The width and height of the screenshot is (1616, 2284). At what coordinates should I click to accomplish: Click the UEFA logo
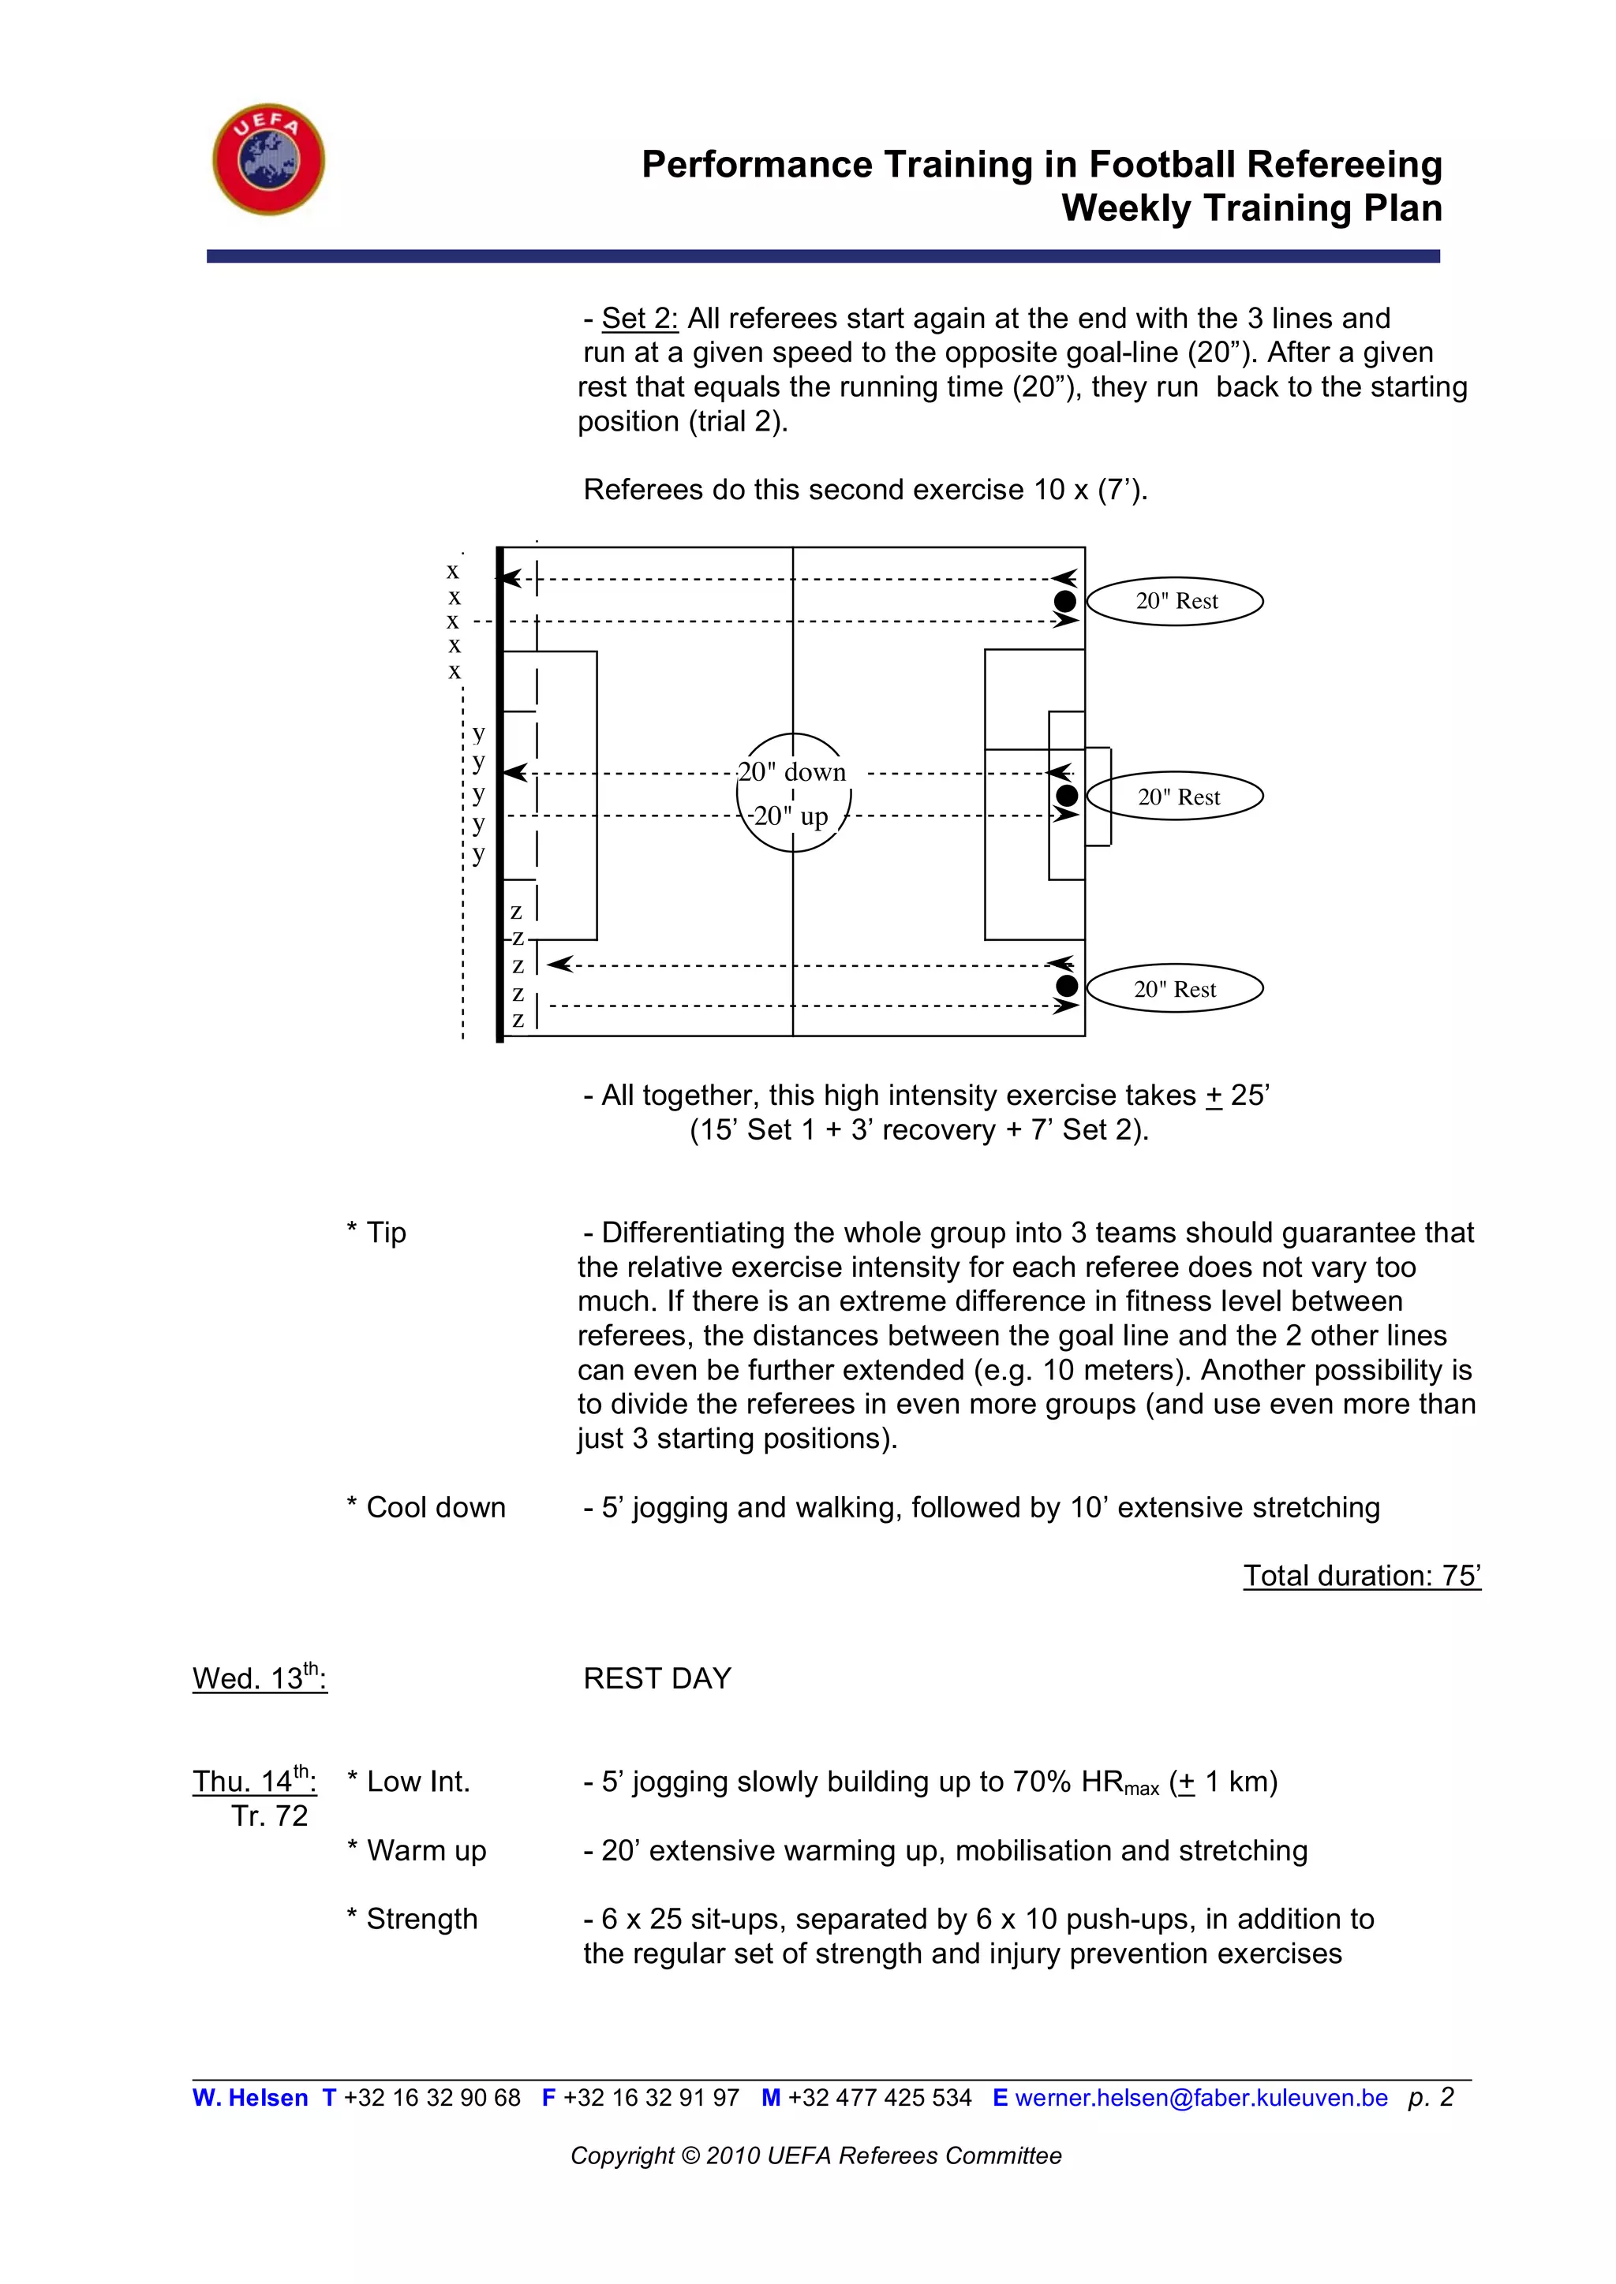coord(268,159)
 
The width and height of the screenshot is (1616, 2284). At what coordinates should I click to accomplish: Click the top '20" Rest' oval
coord(1175,601)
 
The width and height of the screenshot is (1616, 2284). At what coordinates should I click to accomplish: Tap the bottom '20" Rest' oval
coord(1175,989)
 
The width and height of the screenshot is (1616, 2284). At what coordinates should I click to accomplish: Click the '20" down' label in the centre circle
coord(792,772)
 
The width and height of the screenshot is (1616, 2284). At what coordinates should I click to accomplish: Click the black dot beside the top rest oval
coord(1064,601)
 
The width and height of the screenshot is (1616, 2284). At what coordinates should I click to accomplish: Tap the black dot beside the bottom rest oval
coord(1067,986)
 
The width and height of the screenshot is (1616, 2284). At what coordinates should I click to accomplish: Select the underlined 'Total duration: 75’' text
coord(1361,1576)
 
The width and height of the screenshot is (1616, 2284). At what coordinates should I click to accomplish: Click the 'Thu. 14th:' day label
coord(255,1780)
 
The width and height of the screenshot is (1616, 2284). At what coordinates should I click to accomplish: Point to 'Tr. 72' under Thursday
coord(270,1816)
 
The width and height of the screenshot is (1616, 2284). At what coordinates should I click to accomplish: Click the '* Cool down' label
coord(426,1507)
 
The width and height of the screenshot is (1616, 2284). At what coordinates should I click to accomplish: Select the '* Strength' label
coord(412,1919)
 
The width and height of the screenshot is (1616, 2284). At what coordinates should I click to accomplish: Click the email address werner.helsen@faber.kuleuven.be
coord(1201,2098)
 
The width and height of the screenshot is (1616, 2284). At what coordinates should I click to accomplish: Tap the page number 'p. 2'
coord(1431,2097)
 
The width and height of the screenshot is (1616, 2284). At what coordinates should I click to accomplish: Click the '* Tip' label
coord(376,1233)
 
